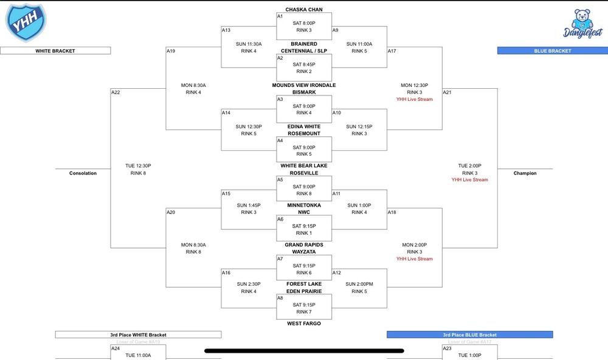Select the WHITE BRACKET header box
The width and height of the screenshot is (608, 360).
(x=55, y=51)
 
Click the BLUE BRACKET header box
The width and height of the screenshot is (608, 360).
(x=552, y=51)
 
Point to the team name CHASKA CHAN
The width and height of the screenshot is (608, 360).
(x=304, y=10)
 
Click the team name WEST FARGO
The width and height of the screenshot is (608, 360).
(x=304, y=324)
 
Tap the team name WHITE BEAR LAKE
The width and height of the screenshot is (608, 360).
(x=304, y=165)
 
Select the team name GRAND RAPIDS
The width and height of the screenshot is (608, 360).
(x=304, y=245)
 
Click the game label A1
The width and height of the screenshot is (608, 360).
(x=280, y=16)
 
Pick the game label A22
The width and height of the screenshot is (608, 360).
(x=116, y=92)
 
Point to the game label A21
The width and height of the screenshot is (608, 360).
(x=447, y=92)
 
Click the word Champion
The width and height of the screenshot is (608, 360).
(x=525, y=173)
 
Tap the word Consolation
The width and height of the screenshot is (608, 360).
(x=83, y=173)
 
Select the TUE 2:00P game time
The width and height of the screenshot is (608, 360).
(x=469, y=165)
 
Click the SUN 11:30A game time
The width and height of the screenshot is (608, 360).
(x=249, y=44)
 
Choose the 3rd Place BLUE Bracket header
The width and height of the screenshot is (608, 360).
(x=469, y=334)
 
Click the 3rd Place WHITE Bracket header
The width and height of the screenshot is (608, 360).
(x=138, y=334)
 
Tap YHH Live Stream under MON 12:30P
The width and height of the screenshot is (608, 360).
(x=415, y=99)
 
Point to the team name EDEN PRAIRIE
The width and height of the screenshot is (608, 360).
(x=304, y=291)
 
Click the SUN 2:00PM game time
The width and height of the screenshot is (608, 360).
(x=359, y=284)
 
